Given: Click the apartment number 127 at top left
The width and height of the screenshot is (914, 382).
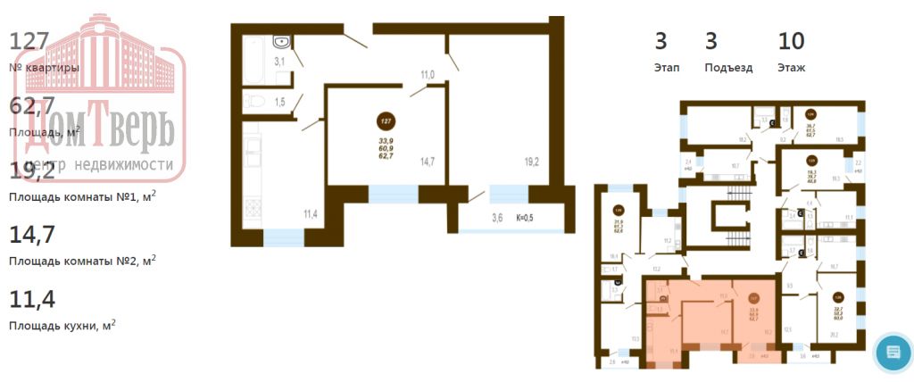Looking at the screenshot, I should [x=29, y=42].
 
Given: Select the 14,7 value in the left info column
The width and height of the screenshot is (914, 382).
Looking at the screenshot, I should [x=32, y=235].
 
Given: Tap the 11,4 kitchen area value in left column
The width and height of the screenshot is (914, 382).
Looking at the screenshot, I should [x=32, y=299].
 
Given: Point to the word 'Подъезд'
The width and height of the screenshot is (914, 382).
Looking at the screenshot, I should [x=728, y=67].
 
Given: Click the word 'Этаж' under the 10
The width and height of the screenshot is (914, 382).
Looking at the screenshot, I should [x=792, y=67].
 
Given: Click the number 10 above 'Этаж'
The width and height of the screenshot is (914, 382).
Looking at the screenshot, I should [x=791, y=41].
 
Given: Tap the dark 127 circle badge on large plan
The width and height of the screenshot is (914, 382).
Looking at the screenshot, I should [x=386, y=121].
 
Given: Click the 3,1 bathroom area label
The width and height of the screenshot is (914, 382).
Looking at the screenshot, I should [x=279, y=62].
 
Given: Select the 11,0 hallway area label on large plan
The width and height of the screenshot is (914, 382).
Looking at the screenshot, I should [x=427, y=76].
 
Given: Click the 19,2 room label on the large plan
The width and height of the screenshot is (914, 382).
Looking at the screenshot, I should [x=532, y=162].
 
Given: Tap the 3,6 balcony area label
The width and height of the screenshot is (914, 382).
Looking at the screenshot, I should [x=496, y=217].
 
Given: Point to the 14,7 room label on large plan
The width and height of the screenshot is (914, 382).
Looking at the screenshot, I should [x=427, y=162].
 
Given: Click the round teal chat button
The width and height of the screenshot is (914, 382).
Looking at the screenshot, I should [x=893, y=352].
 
